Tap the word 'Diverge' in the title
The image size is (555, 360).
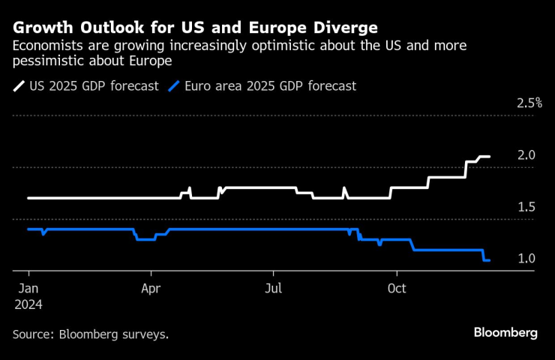click(x=346, y=28)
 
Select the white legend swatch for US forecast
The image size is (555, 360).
click(x=18, y=86)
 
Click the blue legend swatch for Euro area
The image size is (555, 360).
click(x=176, y=86)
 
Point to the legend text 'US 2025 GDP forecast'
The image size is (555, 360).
click(x=94, y=86)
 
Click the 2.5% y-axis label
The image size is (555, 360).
click(x=529, y=103)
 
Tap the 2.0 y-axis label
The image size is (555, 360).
click(x=526, y=155)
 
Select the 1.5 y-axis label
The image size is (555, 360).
click(x=526, y=207)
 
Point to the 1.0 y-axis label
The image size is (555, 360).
click(x=526, y=259)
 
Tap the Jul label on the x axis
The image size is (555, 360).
click(x=274, y=288)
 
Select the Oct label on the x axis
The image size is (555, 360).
click(x=397, y=288)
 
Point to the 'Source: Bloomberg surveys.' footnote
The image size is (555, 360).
click(x=90, y=334)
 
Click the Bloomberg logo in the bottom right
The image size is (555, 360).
click(x=505, y=333)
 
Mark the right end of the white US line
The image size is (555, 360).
click(x=490, y=157)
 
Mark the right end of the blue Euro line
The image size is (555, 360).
click(x=490, y=260)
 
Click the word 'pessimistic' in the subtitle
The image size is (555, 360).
click(x=46, y=61)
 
